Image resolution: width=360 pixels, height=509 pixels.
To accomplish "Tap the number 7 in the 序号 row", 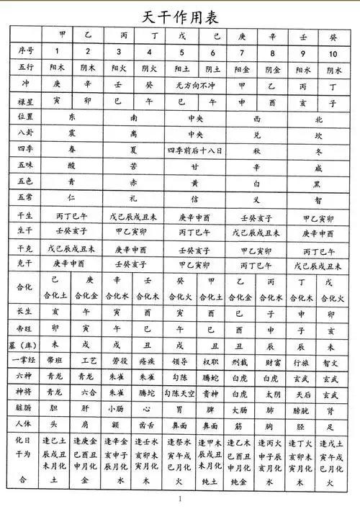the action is tap(242, 51).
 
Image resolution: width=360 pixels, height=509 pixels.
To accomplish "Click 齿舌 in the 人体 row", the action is tap(149, 427).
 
